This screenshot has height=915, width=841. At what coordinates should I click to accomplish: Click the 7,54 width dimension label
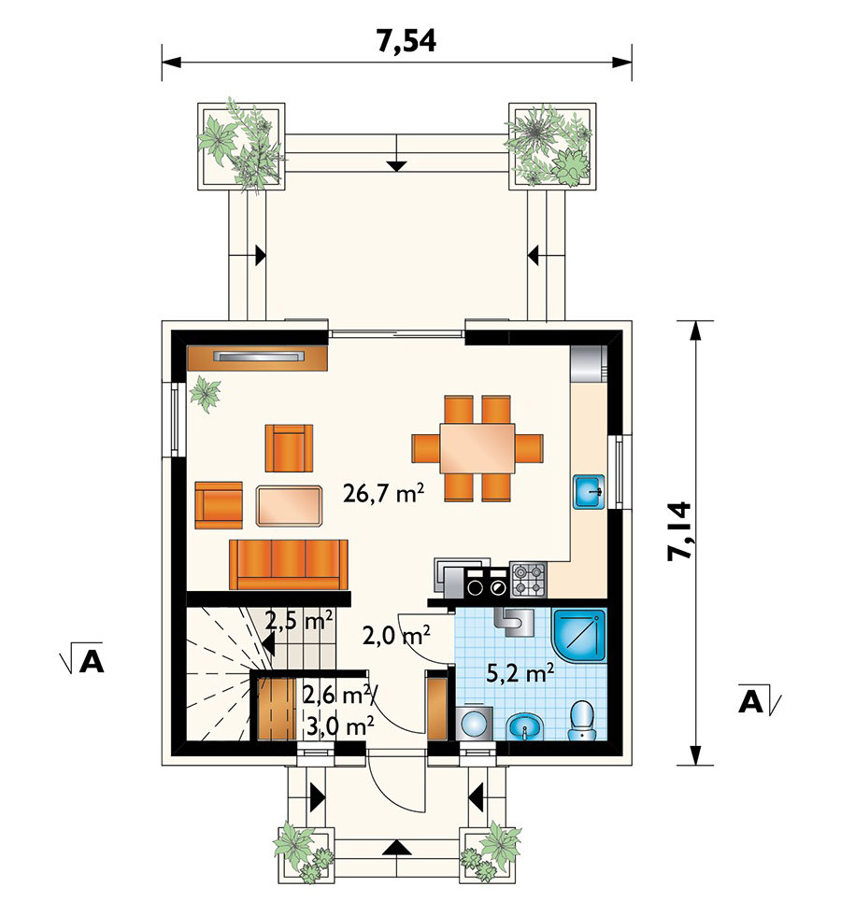pos(406,41)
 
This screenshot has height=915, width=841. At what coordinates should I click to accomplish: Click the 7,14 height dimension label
pos(680,531)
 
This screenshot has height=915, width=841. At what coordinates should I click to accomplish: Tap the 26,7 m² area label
pos(383,493)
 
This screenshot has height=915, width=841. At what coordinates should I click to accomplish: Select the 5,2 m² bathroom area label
pos(520,673)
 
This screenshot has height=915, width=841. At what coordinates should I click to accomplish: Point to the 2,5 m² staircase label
pos(300,620)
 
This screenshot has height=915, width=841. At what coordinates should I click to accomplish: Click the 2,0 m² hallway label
pos(396,635)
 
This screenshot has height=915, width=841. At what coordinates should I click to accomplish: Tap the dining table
pos(478,448)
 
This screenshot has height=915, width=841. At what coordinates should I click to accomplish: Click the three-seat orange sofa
pos(289,564)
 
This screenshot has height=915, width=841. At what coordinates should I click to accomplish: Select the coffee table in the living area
pos(289,506)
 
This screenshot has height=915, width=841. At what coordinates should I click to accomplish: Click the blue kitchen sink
pos(589,493)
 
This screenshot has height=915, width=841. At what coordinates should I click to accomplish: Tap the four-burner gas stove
pos(528,579)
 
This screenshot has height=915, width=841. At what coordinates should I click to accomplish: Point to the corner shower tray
pos(578,636)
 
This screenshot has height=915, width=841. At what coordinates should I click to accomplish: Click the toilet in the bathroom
pos(581,721)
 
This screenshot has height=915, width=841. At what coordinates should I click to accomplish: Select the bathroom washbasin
pos(525,727)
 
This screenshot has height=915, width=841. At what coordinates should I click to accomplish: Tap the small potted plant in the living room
pos(205,393)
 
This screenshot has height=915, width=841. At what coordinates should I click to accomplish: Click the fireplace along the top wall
pos(257,358)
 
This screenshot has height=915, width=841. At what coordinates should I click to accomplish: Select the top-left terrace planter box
pos(241,146)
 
